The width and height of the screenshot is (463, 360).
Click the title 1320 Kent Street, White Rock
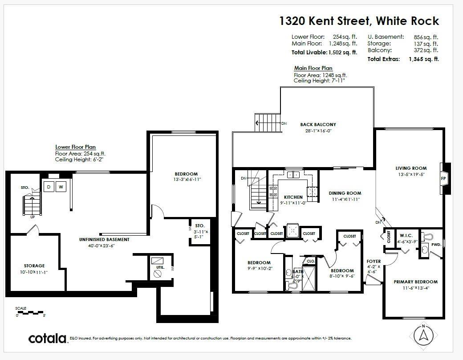[359, 21]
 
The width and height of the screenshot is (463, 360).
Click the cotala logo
[48, 338]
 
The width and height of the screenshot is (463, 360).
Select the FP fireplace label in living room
[443, 178]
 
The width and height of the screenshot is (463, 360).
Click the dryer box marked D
[49, 187]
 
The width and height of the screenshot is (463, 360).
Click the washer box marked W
[61, 187]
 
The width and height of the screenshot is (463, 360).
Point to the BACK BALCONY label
[318, 124]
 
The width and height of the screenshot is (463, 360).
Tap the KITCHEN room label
[293, 197]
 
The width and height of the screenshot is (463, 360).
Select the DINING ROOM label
[345, 193]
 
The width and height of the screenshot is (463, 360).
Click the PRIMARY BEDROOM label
[415, 282]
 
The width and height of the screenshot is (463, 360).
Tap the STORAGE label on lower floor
[34, 266]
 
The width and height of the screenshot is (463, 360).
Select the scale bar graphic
[31, 312]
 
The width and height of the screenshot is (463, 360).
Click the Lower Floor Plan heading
[75, 147]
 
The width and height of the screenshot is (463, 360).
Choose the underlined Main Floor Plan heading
[313, 68]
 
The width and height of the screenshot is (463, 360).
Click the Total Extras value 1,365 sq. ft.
[423, 59]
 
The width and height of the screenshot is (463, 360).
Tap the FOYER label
[373, 262]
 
